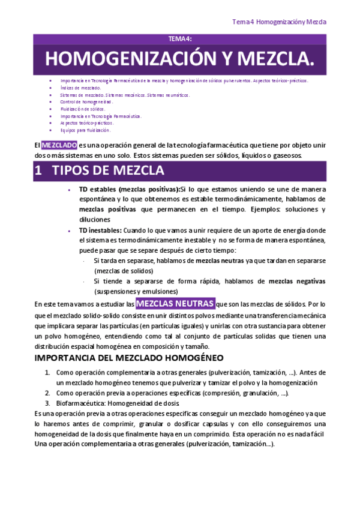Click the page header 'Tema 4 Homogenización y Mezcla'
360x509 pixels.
[x=279, y=22]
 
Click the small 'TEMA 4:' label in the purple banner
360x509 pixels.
[x=179, y=39]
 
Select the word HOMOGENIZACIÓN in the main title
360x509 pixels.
[x=130, y=59]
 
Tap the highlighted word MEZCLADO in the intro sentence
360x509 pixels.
[x=59, y=145]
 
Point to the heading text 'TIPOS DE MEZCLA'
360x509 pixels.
[x=108, y=170]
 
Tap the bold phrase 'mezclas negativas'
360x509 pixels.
[x=296, y=281]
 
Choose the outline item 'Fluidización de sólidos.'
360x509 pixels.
[x=83, y=109]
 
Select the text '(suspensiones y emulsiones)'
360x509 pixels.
[x=135, y=291]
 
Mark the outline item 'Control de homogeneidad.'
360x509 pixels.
[x=86, y=102]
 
